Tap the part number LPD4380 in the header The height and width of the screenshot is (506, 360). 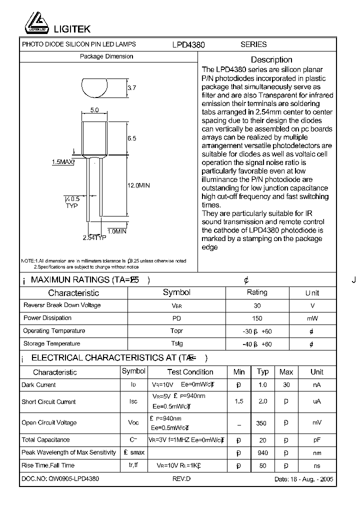[189, 44]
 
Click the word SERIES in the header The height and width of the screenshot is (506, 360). [253, 44]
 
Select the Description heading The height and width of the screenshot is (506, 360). [271, 59]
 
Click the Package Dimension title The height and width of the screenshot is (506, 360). [106, 56]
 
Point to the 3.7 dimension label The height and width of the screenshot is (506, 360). [132, 88]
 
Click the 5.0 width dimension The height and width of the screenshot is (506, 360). [94, 110]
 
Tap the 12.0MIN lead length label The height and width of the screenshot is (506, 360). [138, 185]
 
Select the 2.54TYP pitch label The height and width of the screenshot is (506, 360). [94, 238]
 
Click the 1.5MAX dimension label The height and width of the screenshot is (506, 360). [63, 162]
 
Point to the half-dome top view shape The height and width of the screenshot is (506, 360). [94, 87]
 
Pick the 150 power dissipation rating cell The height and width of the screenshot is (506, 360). [257, 318]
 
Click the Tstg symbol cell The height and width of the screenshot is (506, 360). [177, 343]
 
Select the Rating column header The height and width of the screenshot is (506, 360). [257, 292]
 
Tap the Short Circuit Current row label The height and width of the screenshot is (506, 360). [48, 402]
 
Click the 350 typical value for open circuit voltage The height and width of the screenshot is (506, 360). [261, 423]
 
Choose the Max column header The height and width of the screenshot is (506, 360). [286, 372]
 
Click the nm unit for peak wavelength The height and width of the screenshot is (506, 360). [317, 453]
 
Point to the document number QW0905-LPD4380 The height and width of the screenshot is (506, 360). [60, 478]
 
